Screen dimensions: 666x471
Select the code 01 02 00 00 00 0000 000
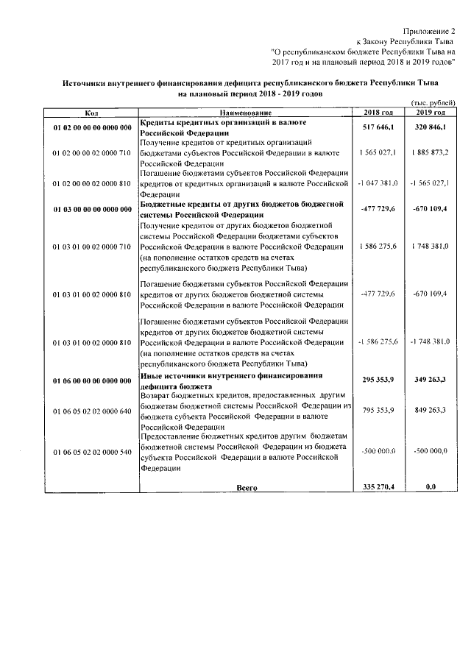[91, 128]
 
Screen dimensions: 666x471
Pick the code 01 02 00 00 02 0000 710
[91, 152]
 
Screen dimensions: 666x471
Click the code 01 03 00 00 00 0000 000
[91, 209]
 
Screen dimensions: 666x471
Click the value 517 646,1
[379, 128]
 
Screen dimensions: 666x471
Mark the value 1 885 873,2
[430, 152]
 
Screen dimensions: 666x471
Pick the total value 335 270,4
[379, 487]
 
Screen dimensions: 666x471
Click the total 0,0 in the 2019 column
[431, 487]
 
